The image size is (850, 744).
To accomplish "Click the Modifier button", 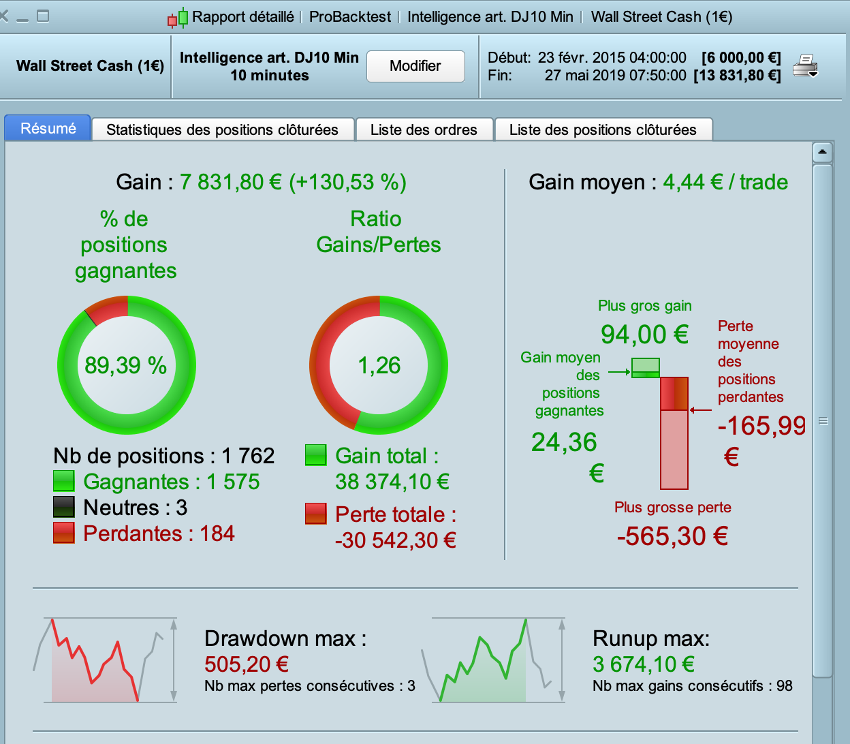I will [x=415, y=66].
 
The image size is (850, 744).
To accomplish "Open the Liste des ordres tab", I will [x=424, y=129].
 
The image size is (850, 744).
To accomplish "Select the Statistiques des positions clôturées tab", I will [x=222, y=129].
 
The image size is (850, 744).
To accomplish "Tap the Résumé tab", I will [x=48, y=128].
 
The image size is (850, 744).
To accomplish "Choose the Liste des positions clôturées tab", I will [x=603, y=129].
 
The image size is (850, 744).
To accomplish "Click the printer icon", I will [x=804, y=66].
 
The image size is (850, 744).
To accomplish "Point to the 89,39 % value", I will [x=126, y=366].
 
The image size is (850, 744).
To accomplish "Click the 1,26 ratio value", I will [x=379, y=366].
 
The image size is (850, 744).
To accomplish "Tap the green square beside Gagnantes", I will [x=63, y=481].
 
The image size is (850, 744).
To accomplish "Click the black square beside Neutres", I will [x=63, y=507].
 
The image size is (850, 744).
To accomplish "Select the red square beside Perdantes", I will [x=63, y=533].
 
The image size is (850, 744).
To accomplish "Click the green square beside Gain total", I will [x=315, y=455].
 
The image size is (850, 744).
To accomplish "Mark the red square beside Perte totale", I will [x=315, y=514].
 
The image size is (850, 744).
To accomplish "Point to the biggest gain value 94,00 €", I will [x=644, y=335].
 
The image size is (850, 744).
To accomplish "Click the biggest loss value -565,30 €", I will [x=672, y=536].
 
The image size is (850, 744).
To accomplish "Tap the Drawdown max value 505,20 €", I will [x=247, y=664].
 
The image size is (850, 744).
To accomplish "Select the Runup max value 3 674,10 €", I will [x=644, y=664].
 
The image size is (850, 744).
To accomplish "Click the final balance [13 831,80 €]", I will [x=737, y=76].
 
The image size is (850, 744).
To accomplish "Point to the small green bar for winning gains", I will [x=646, y=368].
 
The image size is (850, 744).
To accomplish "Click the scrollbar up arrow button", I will [x=822, y=151].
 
